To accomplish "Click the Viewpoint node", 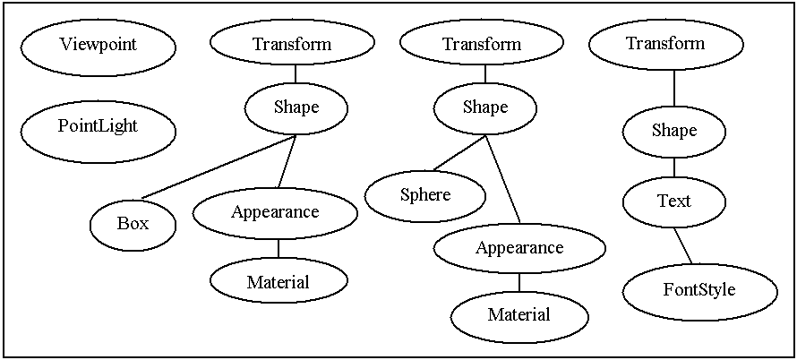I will pyautogui.click(x=99, y=45).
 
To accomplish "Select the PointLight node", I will pyautogui.click(x=99, y=127).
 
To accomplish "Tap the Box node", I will pyautogui.click(x=133, y=224).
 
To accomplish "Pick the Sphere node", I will pyautogui.click(x=425, y=195).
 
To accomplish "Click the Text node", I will pyautogui.click(x=673, y=202).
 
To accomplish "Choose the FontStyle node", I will pyautogui.click(x=698, y=290).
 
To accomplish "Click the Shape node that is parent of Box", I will pyautogui.click(x=296, y=108).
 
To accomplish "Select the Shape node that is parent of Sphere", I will pyautogui.click(x=485, y=108).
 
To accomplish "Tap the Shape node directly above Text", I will pyautogui.click(x=673, y=132).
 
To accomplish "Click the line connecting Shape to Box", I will pyautogui.click(x=219, y=167).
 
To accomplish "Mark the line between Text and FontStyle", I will pyautogui.click(x=682, y=245).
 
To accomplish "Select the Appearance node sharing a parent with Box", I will pyautogui.click(x=275, y=213).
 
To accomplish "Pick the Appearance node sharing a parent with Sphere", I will pyautogui.click(x=519, y=248).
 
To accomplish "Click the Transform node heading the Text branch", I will pyautogui.click(x=665, y=44).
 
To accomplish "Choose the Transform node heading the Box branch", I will pyautogui.click(x=292, y=44).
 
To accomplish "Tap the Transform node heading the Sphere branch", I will pyautogui.click(x=482, y=44).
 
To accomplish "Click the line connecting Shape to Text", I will pyautogui.click(x=673, y=167).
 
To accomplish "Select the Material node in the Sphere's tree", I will pyautogui.click(x=519, y=315).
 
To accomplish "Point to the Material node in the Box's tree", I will pyautogui.click(x=278, y=283).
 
